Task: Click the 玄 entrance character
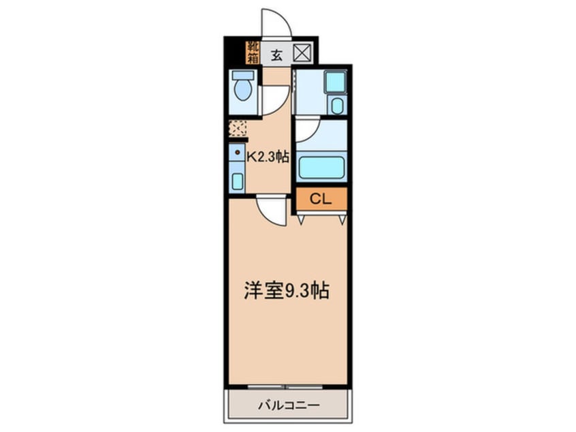coord(277,55)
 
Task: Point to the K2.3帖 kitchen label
coord(268,156)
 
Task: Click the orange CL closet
coord(321,199)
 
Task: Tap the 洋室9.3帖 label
coord(287,292)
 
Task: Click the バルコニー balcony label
coord(288,405)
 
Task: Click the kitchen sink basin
coord(236,181)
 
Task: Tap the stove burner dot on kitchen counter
coord(236,153)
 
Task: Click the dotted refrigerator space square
coord(238,128)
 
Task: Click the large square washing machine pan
coord(334,82)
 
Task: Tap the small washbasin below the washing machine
coord(336,105)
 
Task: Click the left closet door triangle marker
coord(300,219)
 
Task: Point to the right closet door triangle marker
coord(342,219)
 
